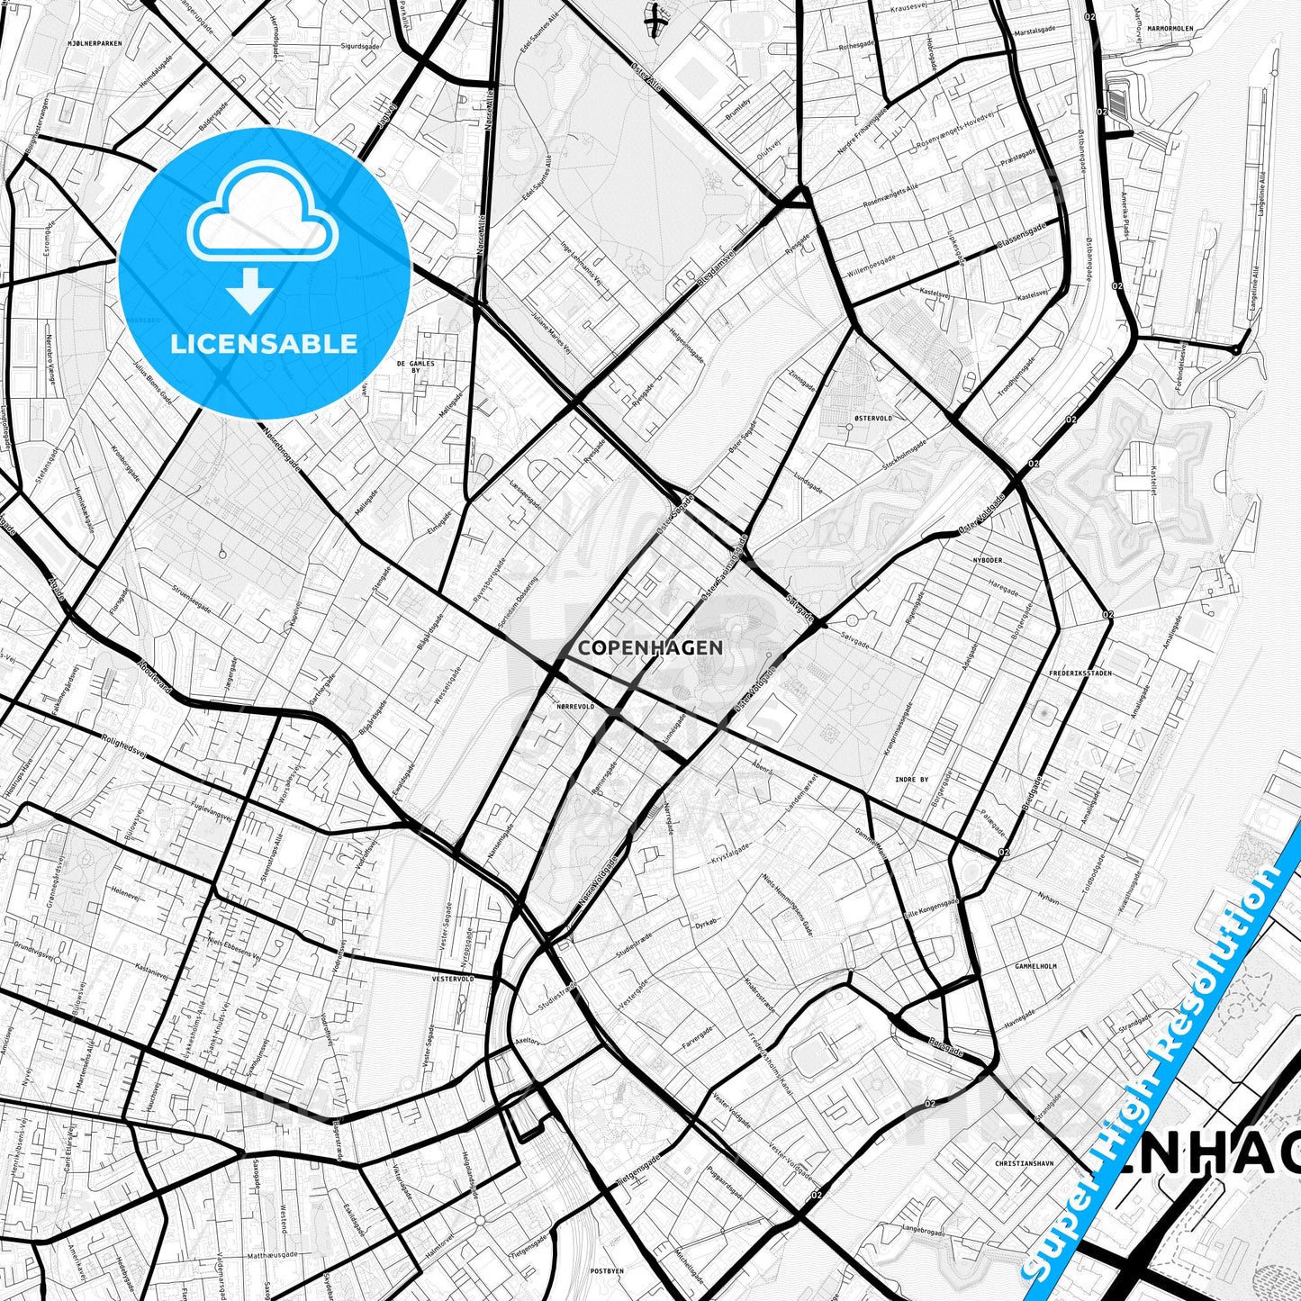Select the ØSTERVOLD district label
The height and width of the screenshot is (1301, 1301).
coord(872,418)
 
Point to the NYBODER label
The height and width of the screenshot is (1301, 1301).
coord(987,559)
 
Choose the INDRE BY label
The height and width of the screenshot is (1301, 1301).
coord(911,780)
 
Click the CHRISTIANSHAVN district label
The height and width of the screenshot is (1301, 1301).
coord(1024,1163)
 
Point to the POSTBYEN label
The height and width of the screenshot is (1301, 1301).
coord(606,1271)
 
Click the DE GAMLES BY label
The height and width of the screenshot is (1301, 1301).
coord(415,366)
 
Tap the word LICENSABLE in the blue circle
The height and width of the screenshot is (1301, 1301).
coord(264,343)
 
